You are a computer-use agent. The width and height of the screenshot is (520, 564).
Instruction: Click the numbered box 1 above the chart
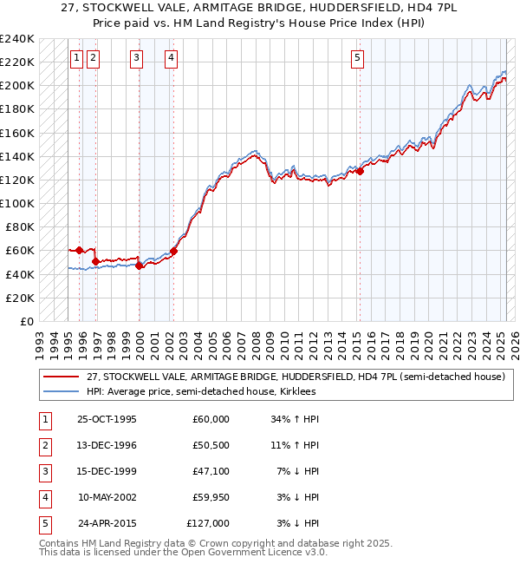(x=76, y=58)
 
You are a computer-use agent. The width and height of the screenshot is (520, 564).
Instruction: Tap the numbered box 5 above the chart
(x=357, y=58)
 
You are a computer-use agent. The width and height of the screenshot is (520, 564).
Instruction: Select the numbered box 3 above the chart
(x=137, y=58)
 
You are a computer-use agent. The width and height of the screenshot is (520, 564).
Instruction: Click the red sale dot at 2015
(x=360, y=172)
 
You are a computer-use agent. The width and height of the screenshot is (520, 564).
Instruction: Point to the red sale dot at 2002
(x=173, y=252)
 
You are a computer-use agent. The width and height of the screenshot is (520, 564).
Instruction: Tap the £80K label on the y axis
(x=20, y=226)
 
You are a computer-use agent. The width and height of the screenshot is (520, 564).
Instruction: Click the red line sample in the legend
(x=61, y=377)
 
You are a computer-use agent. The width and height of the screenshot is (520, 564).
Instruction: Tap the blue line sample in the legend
(x=61, y=391)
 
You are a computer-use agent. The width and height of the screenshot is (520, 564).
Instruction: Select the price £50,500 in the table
(x=211, y=445)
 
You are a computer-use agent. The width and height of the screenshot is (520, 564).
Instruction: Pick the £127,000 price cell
(x=208, y=523)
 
